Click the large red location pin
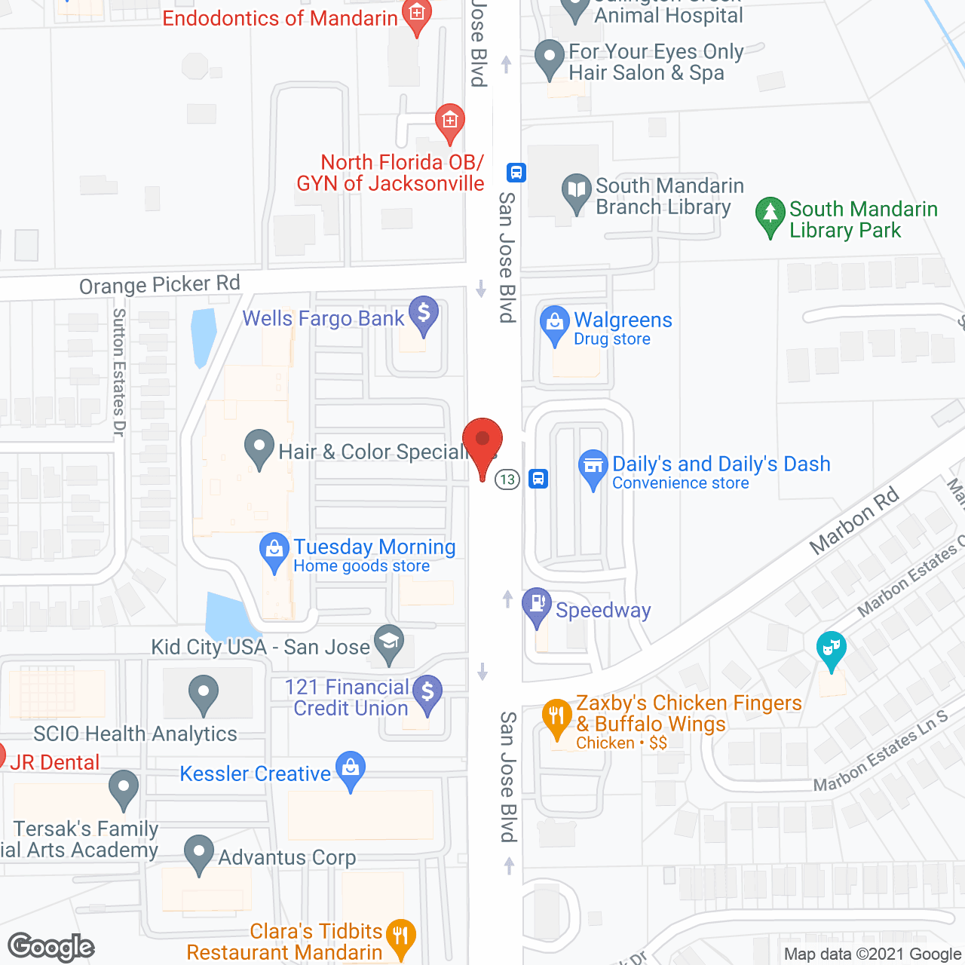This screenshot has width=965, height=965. (482, 443)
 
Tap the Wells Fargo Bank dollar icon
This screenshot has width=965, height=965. (424, 313)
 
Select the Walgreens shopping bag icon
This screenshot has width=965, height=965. (555, 323)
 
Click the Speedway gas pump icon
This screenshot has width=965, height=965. (537, 605)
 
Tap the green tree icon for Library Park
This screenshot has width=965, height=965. (770, 215)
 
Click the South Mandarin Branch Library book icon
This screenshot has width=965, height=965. (577, 191)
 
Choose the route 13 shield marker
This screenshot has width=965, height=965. (507, 479)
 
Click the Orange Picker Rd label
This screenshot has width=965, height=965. (160, 285)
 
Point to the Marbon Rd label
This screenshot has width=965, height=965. (854, 519)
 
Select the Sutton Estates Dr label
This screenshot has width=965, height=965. (119, 372)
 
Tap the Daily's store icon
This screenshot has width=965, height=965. (593, 466)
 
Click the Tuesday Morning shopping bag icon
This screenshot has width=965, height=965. (274, 550)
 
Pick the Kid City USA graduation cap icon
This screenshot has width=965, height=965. (389, 643)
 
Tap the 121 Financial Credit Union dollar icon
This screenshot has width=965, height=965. (427, 691)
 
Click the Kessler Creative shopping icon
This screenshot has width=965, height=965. (350, 768)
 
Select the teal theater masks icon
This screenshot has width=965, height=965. (831, 648)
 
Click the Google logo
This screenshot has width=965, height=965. (51, 947)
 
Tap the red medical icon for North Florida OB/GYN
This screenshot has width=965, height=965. (450, 121)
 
